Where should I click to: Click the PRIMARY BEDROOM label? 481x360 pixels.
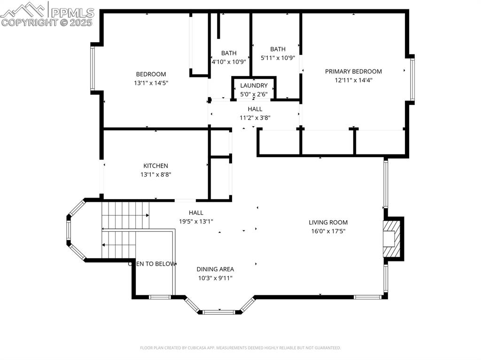pyautogui.click(x=353, y=71)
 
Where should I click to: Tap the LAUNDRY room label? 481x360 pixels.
pyautogui.click(x=254, y=85)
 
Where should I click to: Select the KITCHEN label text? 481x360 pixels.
pyautogui.click(x=155, y=166)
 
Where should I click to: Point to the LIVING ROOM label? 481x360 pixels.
pyautogui.click(x=328, y=222)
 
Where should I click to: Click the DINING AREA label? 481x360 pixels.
pyautogui.click(x=215, y=269)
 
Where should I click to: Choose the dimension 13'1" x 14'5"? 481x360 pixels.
pyautogui.click(x=151, y=83)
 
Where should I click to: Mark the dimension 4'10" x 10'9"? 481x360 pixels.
pyautogui.click(x=229, y=61)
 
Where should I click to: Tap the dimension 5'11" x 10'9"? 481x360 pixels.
pyautogui.click(x=278, y=58)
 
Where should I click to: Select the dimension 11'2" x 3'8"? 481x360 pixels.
pyautogui.click(x=255, y=118)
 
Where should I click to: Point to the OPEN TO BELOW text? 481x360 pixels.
pyautogui.click(x=152, y=264)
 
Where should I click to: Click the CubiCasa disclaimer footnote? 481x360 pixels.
pyautogui.click(x=240, y=348)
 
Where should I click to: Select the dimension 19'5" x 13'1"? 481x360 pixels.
pyautogui.click(x=196, y=221)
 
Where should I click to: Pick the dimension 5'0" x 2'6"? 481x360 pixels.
pyautogui.click(x=254, y=94)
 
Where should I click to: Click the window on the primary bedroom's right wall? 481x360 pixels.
pyautogui.click(x=412, y=79)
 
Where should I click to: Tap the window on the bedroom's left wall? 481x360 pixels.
pyautogui.click(x=93, y=69)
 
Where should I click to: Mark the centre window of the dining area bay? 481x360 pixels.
pyautogui.click(x=218, y=311)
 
